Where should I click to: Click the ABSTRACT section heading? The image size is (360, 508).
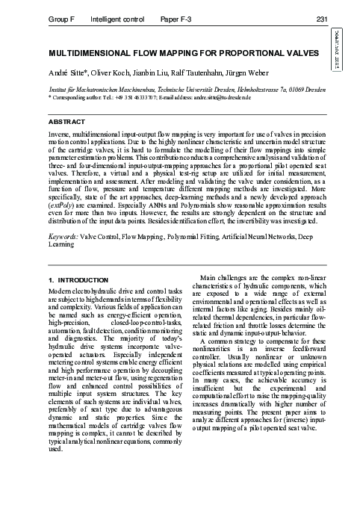[66, 120]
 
